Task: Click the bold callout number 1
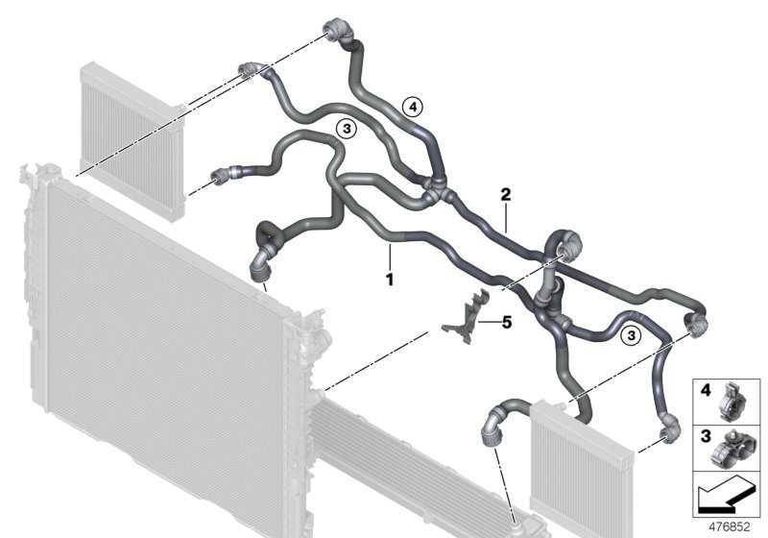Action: [x=390, y=280]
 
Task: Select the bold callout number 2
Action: [x=506, y=194]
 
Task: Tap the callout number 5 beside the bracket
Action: [x=507, y=323]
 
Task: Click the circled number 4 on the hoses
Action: [x=413, y=107]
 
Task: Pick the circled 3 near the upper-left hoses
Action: [x=347, y=129]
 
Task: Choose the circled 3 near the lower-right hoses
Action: [x=631, y=335]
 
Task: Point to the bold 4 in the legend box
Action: [x=706, y=390]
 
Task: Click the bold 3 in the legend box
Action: [x=706, y=436]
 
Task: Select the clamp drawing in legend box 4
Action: [x=732, y=402]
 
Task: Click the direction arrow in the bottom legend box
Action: [x=726, y=495]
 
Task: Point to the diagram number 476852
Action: [x=730, y=527]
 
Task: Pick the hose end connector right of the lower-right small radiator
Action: [x=670, y=430]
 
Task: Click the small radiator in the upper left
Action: [x=132, y=142]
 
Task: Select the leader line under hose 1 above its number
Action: [x=391, y=257]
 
